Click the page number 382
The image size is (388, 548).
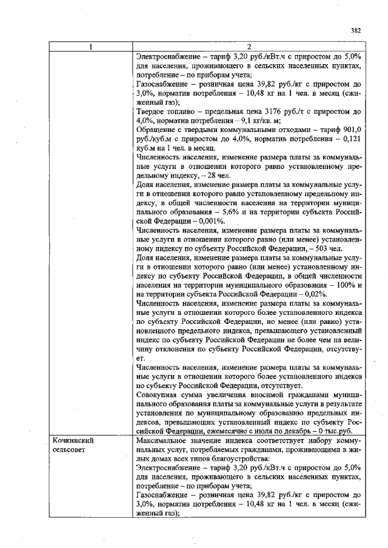[x=356, y=30]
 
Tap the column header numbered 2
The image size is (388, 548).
[x=249, y=47]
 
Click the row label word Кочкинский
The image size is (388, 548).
[x=73, y=441]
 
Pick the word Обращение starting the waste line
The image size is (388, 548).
[x=159, y=129]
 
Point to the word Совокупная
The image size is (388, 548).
[x=161, y=393]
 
